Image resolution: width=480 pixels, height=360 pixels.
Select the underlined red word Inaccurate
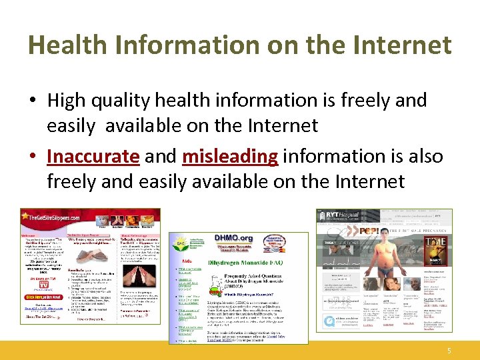pyautogui.click(x=93, y=156)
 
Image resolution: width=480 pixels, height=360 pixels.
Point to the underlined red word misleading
pyautogui.click(x=230, y=156)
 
